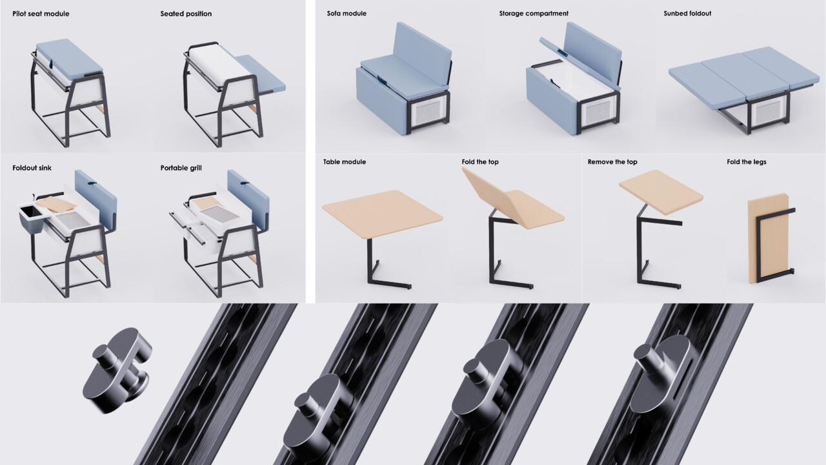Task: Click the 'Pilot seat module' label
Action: coord(41,14)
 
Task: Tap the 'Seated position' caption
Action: coord(186,14)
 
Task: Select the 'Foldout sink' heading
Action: coord(32,168)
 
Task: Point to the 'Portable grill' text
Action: coord(181,168)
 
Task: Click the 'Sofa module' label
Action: coord(347,14)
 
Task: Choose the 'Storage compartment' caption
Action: coord(534,14)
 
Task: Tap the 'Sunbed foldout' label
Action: coord(687,14)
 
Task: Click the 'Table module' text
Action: coord(345,161)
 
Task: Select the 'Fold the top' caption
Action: coord(480,161)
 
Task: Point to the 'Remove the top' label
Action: coord(610,161)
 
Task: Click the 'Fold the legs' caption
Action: coord(747,161)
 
